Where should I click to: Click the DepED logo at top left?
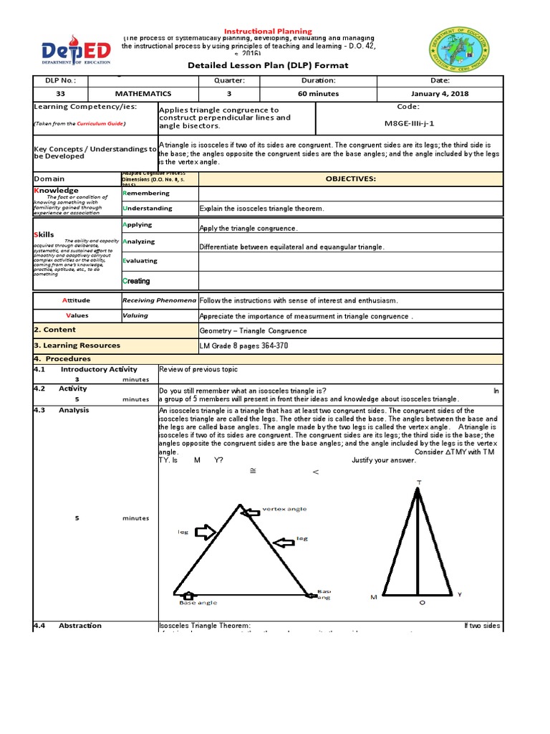click(x=67, y=51)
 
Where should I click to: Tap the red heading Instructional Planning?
click(x=269, y=32)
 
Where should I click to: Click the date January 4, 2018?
click(x=440, y=93)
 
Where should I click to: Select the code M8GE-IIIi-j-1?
click(x=410, y=123)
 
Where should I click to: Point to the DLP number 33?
click(x=60, y=93)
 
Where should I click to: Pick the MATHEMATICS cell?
click(x=143, y=93)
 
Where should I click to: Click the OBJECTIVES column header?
click(x=350, y=178)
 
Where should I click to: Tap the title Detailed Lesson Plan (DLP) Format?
click(x=269, y=65)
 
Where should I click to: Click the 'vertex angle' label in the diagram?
click(x=285, y=509)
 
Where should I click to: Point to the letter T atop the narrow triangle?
click(x=419, y=482)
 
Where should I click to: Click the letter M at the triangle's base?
click(x=373, y=596)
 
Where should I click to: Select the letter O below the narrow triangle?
click(x=421, y=603)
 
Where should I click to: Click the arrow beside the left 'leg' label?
click(x=205, y=532)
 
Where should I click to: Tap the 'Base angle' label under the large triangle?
click(x=198, y=603)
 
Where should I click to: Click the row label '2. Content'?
click(x=54, y=330)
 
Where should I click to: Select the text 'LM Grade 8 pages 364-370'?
click(x=243, y=345)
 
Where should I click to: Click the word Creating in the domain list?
click(x=136, y=281)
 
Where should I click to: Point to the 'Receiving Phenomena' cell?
click(x=158, y=300)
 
